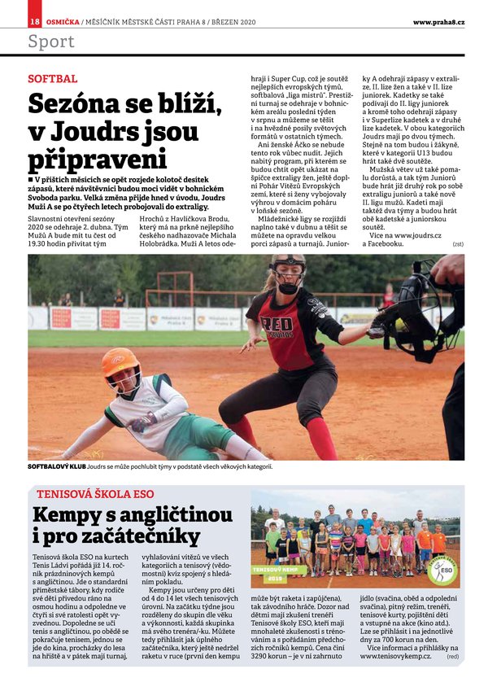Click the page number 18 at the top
(34, 21)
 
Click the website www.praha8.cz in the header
(438, 21)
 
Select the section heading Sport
(50, 42)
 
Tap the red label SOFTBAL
(52, 79)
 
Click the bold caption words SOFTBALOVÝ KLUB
(56, 467)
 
